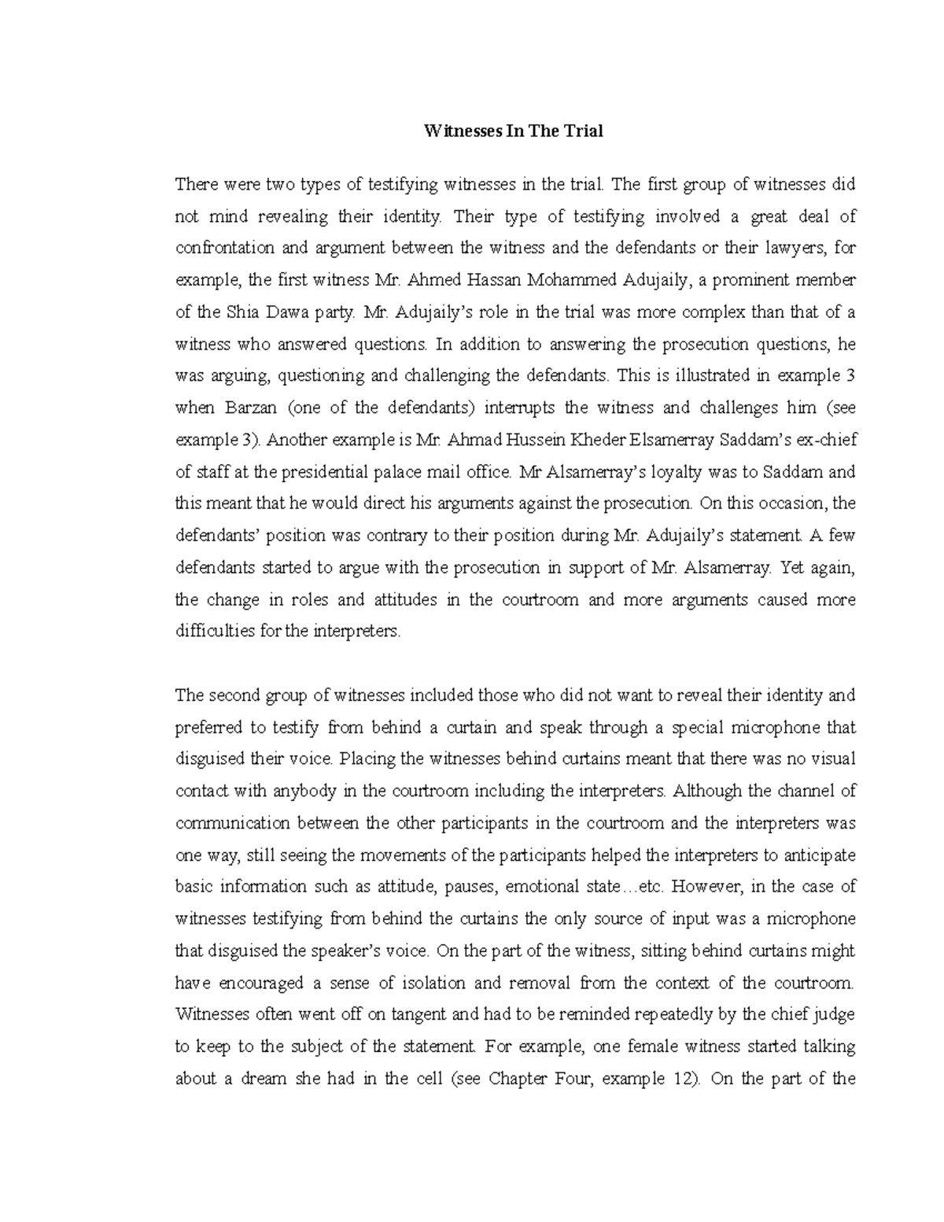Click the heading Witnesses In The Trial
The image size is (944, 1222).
[514, 131]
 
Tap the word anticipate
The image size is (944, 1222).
[818, 855]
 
